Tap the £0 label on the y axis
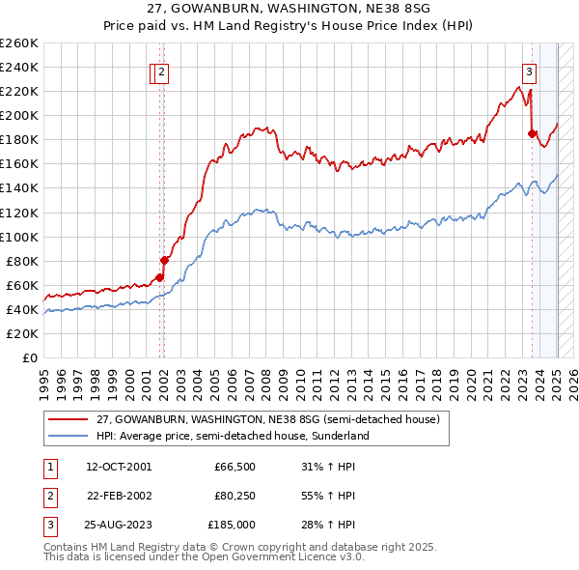tap(29, 357)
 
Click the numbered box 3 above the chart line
tap(530, 70)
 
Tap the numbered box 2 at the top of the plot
tap(162, 70)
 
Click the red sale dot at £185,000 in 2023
tap(532, 133)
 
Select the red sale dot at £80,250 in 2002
tap(164, 260)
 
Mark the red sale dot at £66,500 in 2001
tap(159, 277)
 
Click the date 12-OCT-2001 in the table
tap(119, 467)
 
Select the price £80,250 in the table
tap(234, 496)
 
